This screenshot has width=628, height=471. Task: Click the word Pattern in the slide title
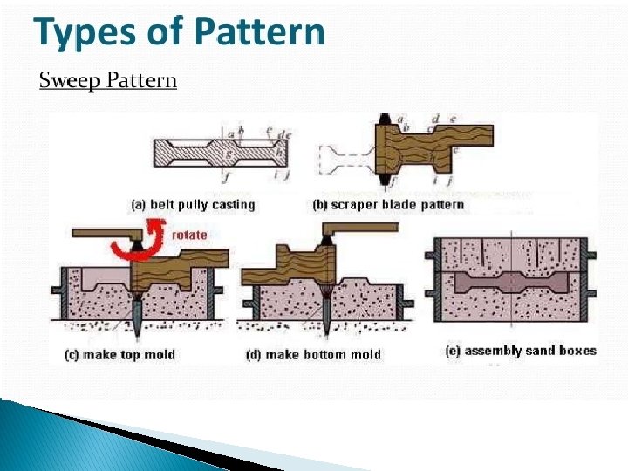point(260,33)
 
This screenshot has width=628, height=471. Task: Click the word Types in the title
point(78,33)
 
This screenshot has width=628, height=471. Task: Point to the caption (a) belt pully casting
point(193,205)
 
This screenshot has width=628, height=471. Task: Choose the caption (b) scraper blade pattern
point(388,205)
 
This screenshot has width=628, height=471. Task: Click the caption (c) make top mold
point(119,355)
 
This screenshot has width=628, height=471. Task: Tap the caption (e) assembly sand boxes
point(519,351)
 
